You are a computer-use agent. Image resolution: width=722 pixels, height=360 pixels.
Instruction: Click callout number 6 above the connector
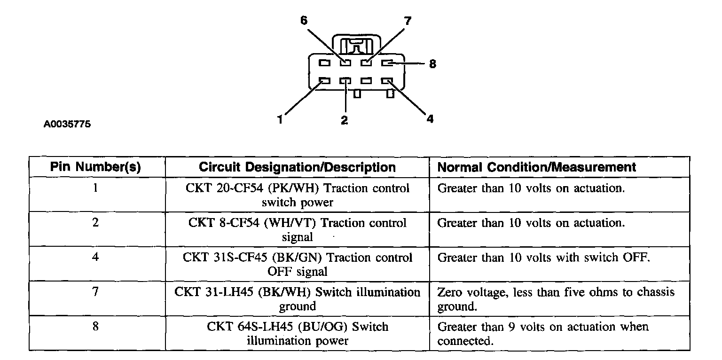(x=304, y=21)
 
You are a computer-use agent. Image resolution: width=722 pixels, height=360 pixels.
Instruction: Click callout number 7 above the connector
(x=407, y=21)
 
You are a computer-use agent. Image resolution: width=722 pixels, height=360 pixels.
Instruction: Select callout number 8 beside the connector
(x=432, y=63)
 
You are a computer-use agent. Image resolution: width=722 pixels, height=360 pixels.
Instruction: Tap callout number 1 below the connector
(x=280, y=120)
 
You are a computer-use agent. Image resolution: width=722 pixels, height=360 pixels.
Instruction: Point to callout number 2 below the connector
(x=345, y=120)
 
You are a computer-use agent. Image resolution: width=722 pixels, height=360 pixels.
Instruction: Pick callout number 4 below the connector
(x=430, y=119)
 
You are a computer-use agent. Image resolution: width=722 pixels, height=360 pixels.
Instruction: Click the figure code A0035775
(x=67, y=125)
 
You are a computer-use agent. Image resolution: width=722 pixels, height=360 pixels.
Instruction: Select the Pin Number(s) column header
(x=96, y=167)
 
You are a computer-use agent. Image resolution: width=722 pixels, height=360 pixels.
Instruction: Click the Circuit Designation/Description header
(x=297, y=167)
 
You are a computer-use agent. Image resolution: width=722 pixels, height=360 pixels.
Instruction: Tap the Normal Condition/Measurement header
(x=537, y=167)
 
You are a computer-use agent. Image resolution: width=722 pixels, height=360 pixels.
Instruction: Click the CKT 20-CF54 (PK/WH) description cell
(x=297, y=195)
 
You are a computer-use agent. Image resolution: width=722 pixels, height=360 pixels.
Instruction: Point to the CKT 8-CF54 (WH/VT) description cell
(x=297, y=229)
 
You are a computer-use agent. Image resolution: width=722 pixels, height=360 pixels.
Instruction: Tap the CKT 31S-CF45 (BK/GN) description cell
(x=297, y=264)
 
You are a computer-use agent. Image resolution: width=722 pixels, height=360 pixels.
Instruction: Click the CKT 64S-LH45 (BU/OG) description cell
(x=297, y=333)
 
